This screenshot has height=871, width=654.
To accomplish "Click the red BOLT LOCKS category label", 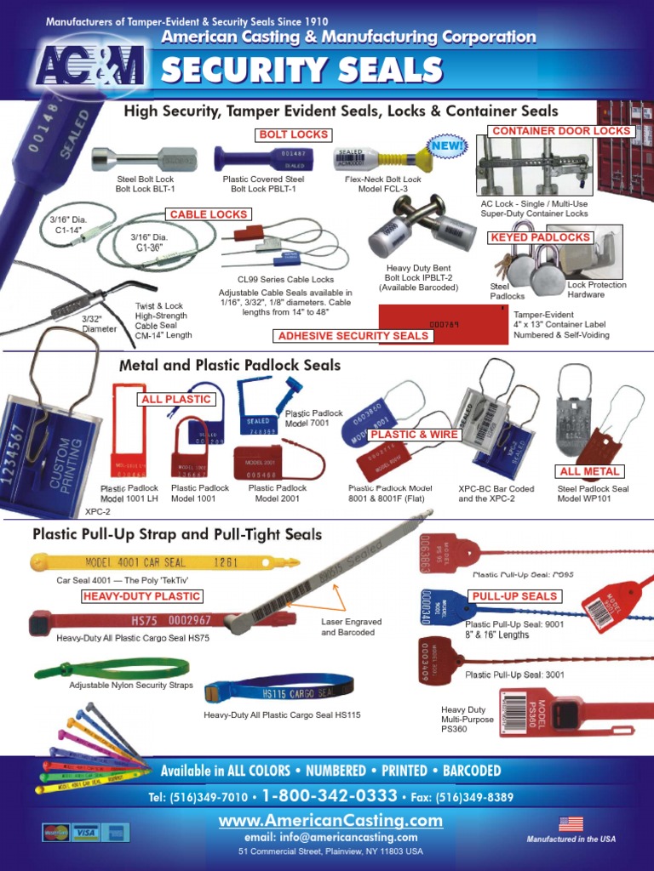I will tap(293, 134).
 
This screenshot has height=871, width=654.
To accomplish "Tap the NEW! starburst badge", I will tap(447, 146).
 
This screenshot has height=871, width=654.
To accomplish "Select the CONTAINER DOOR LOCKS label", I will tap(562, 131).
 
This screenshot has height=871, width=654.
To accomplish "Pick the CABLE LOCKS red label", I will tap(208, 214).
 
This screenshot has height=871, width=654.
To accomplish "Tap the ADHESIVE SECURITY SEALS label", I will tap(353, 336).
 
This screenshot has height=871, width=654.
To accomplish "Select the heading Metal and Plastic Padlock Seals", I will tap(230, 365).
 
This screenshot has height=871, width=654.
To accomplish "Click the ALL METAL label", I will tap(589, 471).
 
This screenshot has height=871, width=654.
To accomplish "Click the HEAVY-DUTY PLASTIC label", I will tap(142, 596).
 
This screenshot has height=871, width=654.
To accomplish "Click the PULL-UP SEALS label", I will tap(514, 596).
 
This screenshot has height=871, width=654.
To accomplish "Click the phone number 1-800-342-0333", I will tap(330, 796).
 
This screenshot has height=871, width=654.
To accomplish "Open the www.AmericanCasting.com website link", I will tap(330, 821).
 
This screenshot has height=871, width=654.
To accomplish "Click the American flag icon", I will tap(571, 823).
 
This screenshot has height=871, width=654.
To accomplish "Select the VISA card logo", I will tap(84, 832).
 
